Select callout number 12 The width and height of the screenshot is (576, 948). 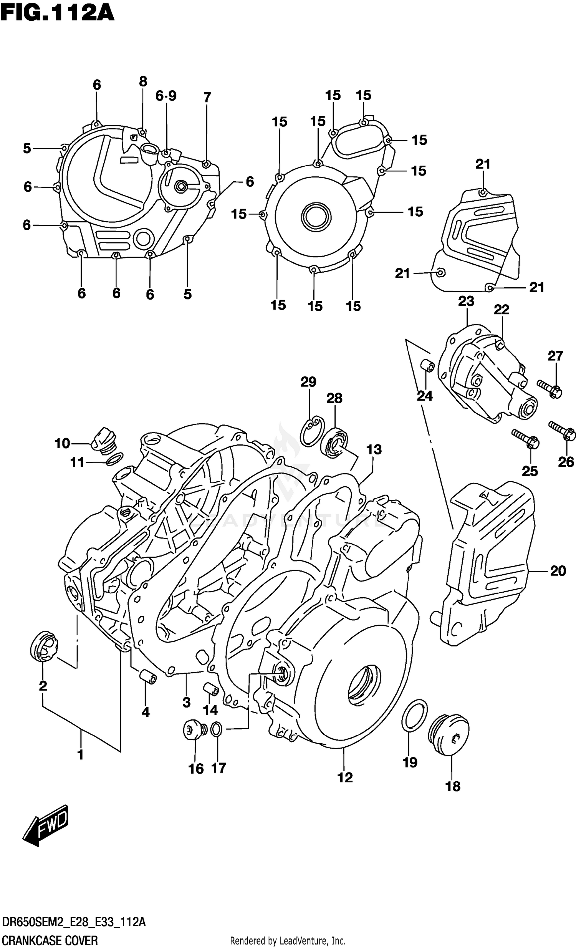pos(344,777)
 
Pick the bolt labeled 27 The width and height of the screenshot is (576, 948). pos(550,389)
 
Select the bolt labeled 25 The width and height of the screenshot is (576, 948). pos(526,439)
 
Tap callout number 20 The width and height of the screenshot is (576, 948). pos(558,570)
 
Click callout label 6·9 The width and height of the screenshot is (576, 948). pos(166,96)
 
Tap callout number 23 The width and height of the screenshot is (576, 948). pos(466,301)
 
